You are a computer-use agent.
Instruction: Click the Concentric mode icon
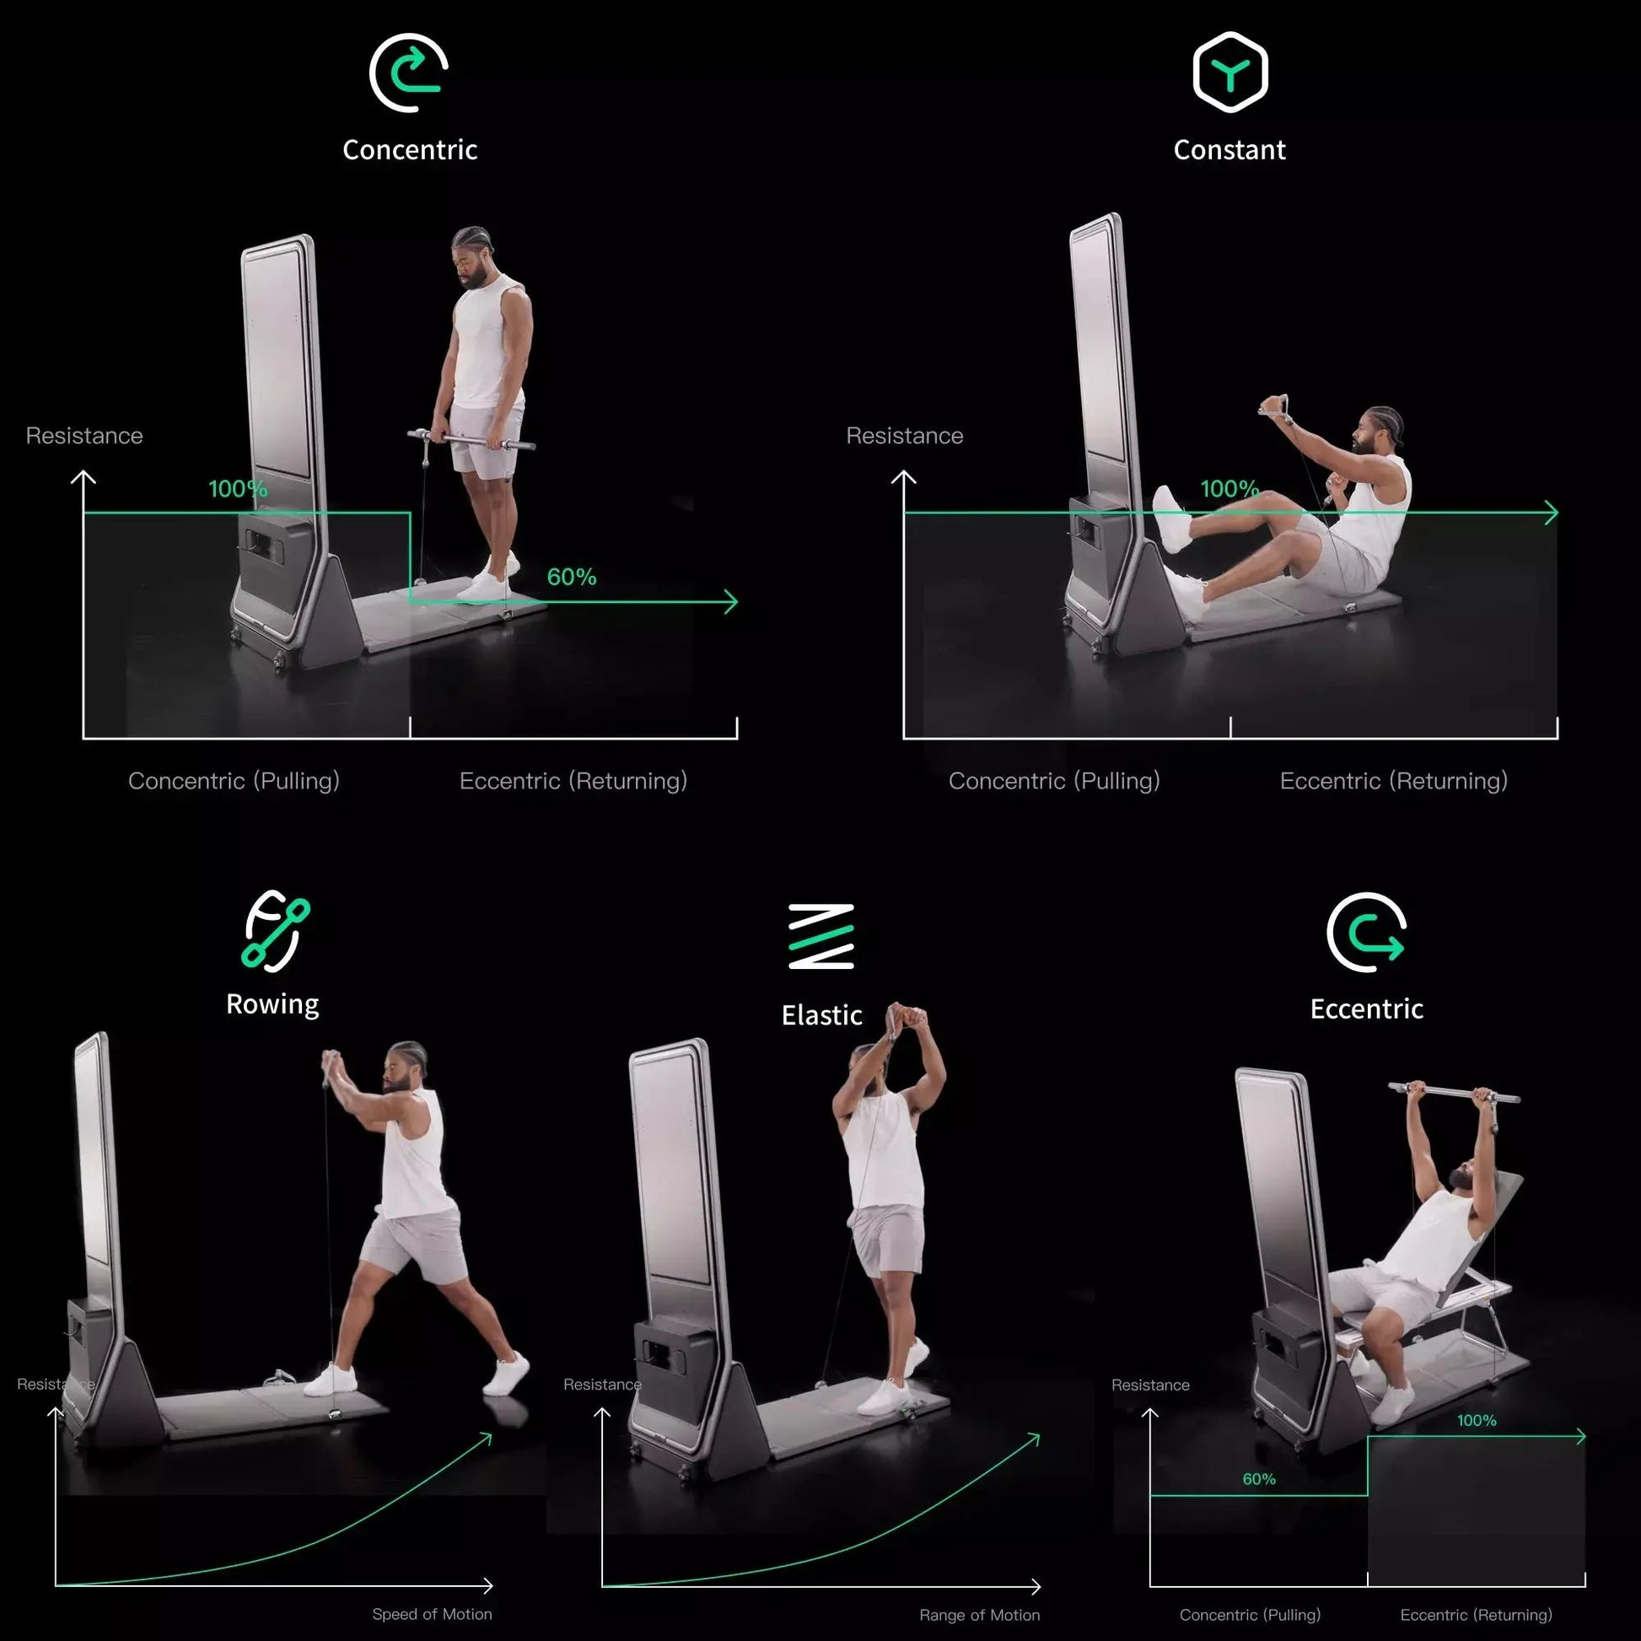(x=408, y=73)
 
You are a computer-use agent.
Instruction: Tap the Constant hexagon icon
(x=1229, y=73)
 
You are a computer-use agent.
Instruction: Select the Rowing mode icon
(x=275, y=930)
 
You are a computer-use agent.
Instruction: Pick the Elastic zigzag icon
(x=820, y=936)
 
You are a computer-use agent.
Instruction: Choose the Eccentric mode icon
(x=1366, y=932)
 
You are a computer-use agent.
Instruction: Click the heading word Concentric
(x=409, y=150)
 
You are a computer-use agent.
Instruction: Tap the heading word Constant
(x=1229, y=150)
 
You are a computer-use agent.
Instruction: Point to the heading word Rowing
(x=272, y=1004)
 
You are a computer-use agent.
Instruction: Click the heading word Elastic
(x=821, y=1015)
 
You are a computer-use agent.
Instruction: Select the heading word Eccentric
(x=1366, y=1009)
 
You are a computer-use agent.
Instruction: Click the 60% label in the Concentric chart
(x=572, y=578)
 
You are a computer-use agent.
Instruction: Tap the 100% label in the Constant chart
(x=1229, y=489)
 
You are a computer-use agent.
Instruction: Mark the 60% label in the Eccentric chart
(x=1259, y=1479)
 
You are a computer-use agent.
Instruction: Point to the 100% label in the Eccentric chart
(x=1477, y=1420)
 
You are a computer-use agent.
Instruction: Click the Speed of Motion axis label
(x=432, y=1614)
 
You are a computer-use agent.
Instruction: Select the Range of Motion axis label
(x=979, y=1615)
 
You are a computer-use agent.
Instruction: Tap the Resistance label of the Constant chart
(x=905, y=436)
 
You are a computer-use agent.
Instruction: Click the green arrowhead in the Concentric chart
(x=730, y=602)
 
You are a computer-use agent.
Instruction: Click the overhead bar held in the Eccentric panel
(x=1454, y=1092)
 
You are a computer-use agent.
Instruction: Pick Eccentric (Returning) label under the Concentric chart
(x=573, y=782)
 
